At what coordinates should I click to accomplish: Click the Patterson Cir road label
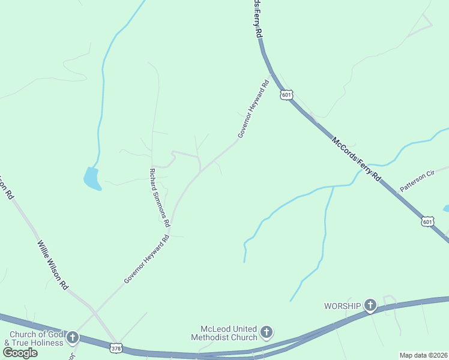click(418, 182)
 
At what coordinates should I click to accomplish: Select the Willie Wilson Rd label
click(53, 266)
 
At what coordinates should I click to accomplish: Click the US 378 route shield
click(116, 347)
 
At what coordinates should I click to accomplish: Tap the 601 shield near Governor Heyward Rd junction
click(287, 95)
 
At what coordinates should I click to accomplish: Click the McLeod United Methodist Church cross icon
click(267, 331)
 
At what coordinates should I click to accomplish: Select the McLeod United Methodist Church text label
click(228, 333)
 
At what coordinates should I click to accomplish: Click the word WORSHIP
click(343, 306)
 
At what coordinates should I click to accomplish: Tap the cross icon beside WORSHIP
click(370, 306)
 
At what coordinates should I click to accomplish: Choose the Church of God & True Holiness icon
click(73, 338)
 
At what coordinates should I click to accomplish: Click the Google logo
click(20, 353)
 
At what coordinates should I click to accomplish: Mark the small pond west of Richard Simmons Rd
click(92, 178)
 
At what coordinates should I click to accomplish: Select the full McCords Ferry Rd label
click(356, 160)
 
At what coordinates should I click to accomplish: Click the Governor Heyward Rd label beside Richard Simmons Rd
click(147, 259)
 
